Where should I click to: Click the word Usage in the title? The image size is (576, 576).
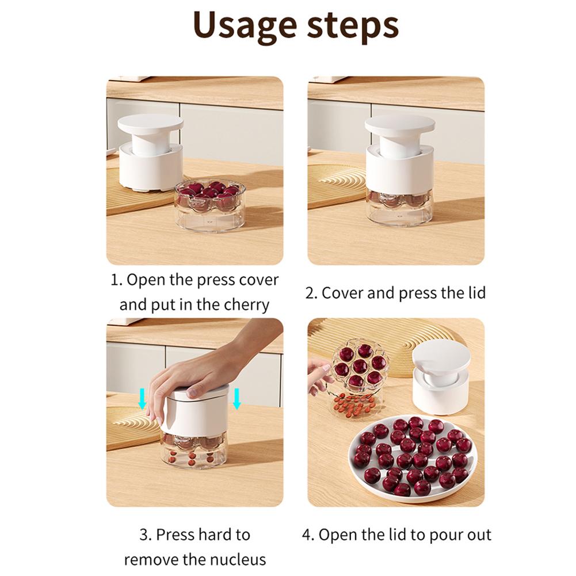[x=245, y=26]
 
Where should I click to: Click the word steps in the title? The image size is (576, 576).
[x=353, y=26]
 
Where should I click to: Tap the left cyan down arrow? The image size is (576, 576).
[x=143, y=399]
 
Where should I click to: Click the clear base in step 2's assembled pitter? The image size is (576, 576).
[x=399, y=208]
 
